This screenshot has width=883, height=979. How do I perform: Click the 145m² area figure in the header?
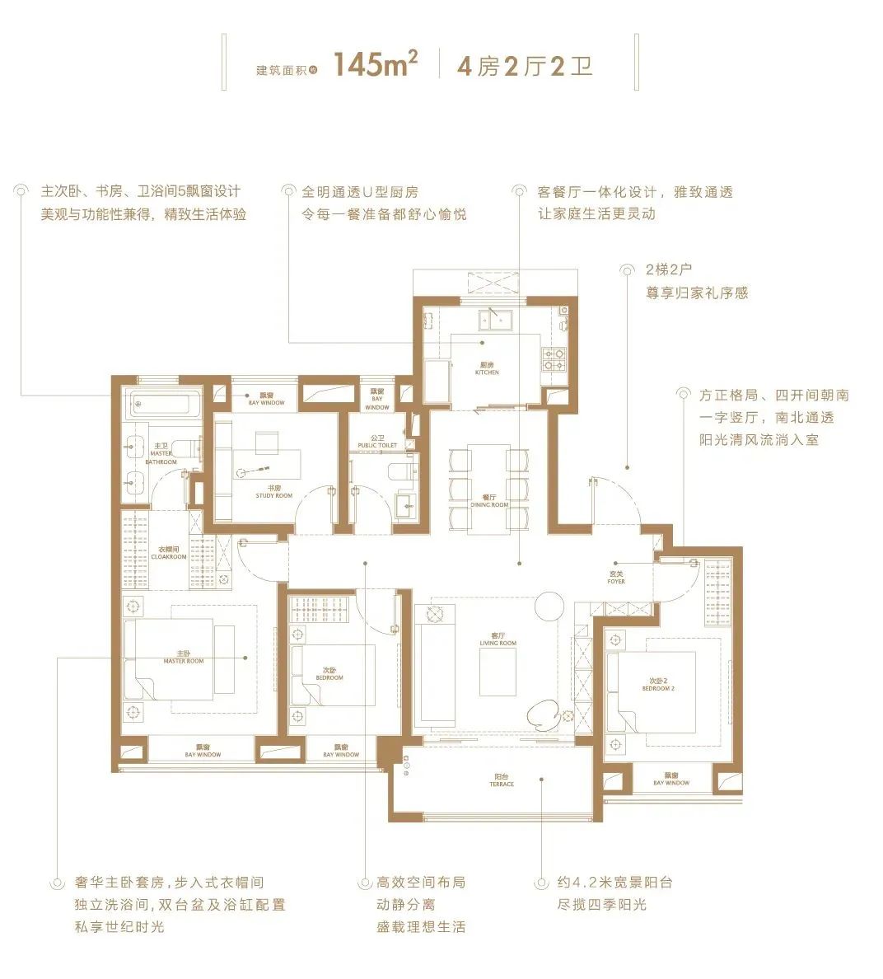376,65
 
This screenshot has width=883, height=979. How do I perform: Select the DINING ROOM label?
489,501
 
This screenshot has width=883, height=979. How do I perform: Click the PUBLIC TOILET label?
377,445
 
